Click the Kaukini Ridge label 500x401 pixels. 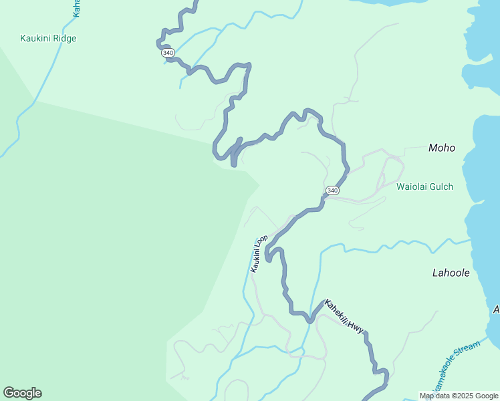(48, 39)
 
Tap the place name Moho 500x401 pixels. (442, 148)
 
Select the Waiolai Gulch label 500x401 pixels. (424, 186)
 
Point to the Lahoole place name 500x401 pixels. (451, 273)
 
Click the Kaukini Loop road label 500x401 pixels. (259, 253)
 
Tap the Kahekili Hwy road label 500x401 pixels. (344, 317)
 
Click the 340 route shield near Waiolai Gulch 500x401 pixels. (332, 191)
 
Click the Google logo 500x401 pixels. (22, 393)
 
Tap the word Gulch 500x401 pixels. (441, 186)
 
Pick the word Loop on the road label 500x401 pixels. (263, 242)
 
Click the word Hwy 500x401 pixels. (356, 327)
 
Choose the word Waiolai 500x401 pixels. (411, 186)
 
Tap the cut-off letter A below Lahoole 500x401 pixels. (496, 309)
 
